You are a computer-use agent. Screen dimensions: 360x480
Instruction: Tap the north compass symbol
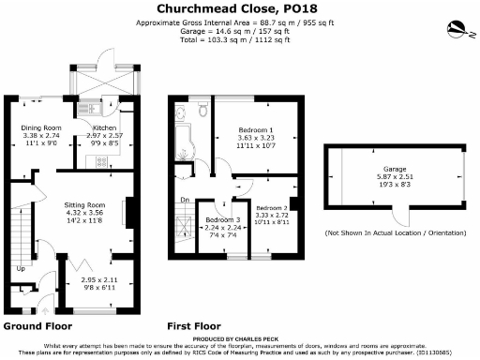(457, 26)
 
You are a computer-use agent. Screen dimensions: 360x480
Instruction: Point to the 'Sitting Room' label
(83, 204)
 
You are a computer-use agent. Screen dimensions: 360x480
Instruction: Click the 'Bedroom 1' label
(255, 127)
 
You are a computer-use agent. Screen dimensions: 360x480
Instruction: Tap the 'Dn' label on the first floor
(185, 199)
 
